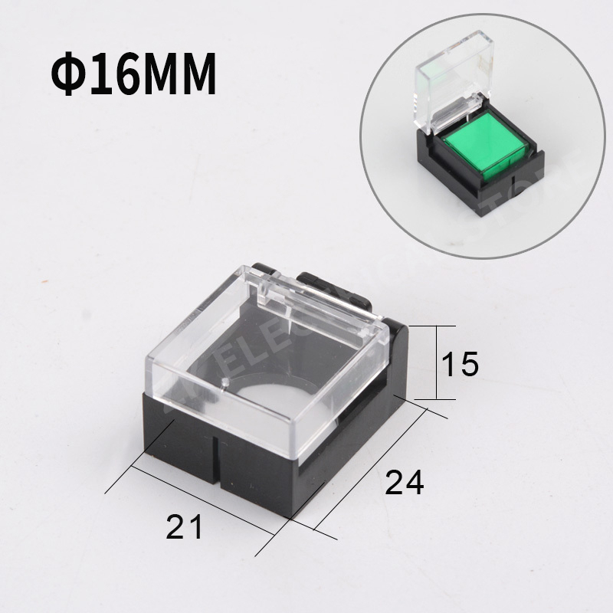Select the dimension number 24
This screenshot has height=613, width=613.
pos(404,482)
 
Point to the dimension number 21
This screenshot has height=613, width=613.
pos(185,527)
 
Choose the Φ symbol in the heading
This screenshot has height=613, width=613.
pos(68,75)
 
